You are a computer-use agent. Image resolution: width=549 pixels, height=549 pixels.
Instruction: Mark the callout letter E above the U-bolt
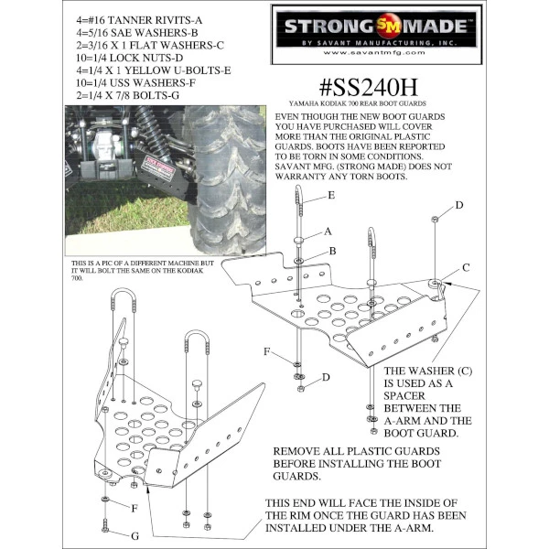pos(330,197)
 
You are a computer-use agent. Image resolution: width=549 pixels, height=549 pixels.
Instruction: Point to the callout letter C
pos(467,267)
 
